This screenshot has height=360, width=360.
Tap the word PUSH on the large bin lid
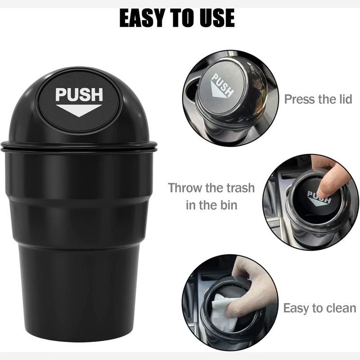pos(79,94)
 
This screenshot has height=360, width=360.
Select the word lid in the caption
pos(345,99)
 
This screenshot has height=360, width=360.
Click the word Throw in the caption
pos(185,188)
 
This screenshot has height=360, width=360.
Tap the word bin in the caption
pos(229,205)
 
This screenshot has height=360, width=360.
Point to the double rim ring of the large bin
pos(79,147)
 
